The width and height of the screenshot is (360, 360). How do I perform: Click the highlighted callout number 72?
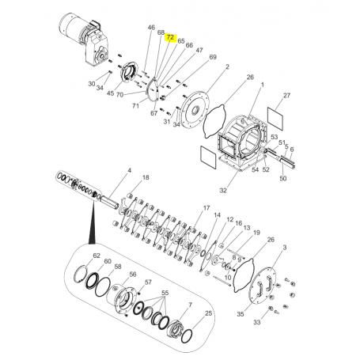click(x=169, y=36)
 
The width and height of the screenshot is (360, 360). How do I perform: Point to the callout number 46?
click(x=151, y=28)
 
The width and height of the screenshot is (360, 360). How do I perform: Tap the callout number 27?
click(x=286, y=96)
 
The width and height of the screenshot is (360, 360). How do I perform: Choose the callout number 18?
click(x=145, y=178)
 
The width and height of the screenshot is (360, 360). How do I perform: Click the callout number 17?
click(x=206, y=208)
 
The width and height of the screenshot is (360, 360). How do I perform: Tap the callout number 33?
click(x=279, y=324)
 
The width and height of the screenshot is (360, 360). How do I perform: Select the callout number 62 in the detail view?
click(x=97, y=256)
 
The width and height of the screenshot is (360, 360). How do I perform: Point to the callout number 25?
click(x=209, y=314)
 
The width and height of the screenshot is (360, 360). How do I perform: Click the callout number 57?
click(x=148, y=282)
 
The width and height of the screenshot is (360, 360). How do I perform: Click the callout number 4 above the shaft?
click(x=129, y=171)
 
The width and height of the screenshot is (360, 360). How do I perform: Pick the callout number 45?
click(x=111, y=94)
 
